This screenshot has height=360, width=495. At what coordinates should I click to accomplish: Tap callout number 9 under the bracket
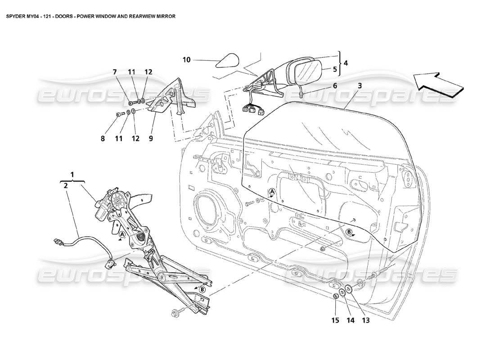151,139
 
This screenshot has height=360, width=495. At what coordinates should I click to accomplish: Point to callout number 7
115,72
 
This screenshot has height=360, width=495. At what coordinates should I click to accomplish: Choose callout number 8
103,139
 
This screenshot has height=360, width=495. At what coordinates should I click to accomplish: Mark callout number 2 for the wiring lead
66,185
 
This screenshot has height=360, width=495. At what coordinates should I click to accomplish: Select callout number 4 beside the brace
345,63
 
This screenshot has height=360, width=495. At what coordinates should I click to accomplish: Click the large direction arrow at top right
439,84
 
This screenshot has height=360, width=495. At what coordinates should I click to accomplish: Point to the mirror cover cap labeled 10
228,60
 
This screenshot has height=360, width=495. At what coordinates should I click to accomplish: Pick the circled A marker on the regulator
122,234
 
